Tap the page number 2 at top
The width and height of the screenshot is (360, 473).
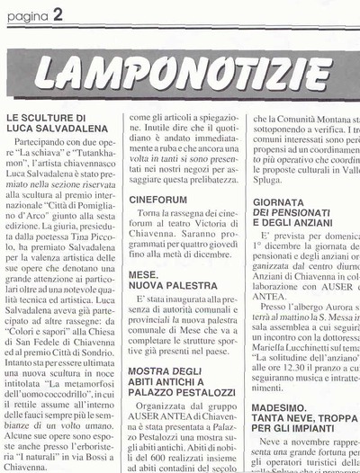(57, 12)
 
